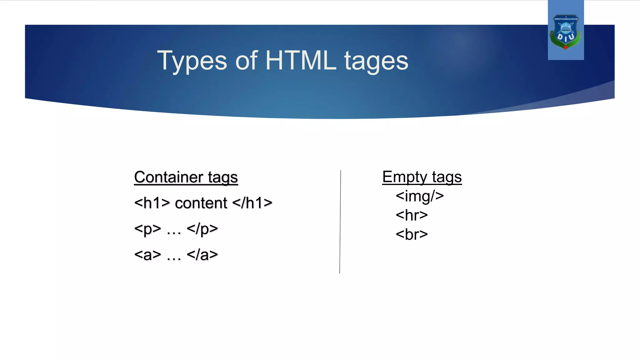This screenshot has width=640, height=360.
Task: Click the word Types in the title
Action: coord(192,61)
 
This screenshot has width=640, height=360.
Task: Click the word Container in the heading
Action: coord(168,177)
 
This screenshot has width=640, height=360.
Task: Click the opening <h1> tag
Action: coord(152,203)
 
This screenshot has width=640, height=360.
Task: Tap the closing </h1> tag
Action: coord(252,203)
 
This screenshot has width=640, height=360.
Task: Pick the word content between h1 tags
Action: coord(201,203)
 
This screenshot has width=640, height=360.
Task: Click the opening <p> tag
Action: coord(147,229)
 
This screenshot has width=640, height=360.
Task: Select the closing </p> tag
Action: coord(202,229)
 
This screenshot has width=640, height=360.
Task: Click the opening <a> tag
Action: coord(147,255)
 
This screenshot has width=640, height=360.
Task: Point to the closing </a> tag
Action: coord(202,255)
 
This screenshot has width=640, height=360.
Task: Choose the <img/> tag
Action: coord(420,196)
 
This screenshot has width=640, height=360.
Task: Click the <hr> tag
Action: coord(412,215)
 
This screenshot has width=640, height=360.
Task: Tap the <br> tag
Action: coord(412,234)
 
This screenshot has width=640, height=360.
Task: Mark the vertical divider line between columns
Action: coord(340,222)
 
